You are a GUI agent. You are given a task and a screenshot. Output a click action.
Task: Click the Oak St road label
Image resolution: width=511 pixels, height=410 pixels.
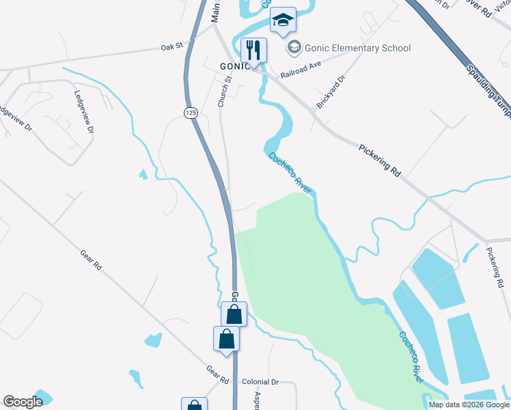[x=173, y=47]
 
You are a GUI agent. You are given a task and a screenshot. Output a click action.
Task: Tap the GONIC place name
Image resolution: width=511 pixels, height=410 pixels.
[x=234, y=66]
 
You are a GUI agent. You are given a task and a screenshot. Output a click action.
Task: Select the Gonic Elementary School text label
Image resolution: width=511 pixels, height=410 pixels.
[x=359, y=48]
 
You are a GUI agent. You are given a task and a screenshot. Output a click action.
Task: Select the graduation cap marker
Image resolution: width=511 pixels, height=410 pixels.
[x=283, y=21]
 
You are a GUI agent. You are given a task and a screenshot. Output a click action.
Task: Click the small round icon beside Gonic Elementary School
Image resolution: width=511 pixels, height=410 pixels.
[x=294, y=47]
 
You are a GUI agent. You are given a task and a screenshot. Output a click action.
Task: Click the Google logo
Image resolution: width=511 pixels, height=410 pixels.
[x=23, y=402]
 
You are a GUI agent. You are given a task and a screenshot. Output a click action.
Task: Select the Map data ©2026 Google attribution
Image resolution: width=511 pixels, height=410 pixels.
[x=468, y=405]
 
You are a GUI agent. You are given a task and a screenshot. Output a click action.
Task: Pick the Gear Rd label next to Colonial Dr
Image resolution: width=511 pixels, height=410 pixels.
[x=217, y=374]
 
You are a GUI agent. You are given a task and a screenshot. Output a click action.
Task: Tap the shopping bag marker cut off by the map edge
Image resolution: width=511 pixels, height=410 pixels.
[x=194, y=405]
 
